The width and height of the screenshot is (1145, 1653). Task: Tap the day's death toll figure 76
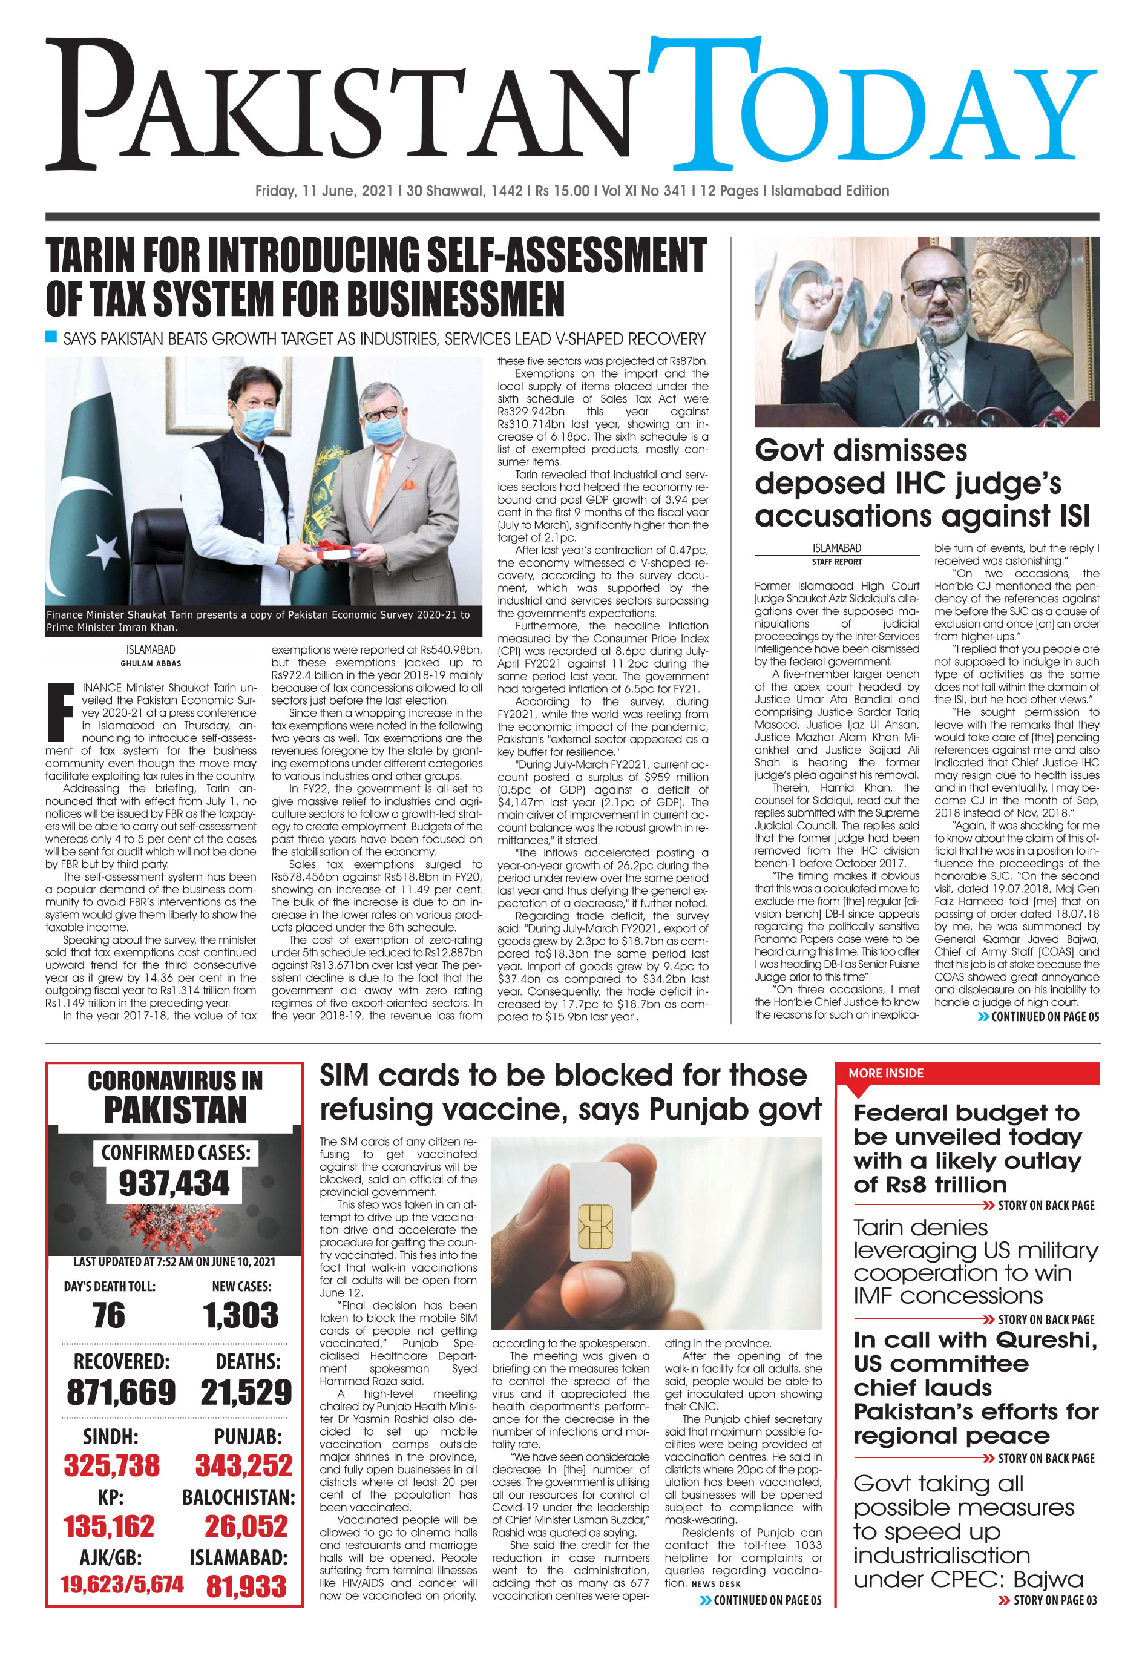(x=108, y=1315)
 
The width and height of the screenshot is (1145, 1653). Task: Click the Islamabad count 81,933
(x=246, y=1586)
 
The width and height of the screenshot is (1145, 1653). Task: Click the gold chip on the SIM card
(x=595, y=1227)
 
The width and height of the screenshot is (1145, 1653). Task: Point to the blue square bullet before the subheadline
(x=51, y=337)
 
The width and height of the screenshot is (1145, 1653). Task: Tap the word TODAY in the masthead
(x=871, y=104)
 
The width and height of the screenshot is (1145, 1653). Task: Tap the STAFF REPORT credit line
(x=836, y=562)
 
